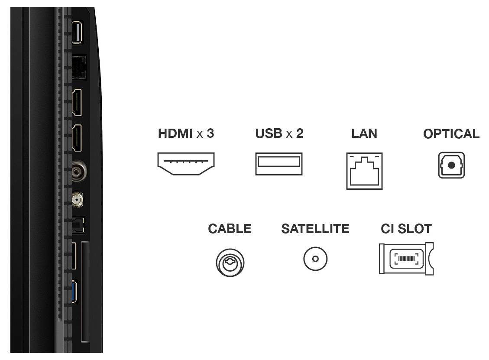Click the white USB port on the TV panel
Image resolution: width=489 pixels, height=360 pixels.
(x=76, y=32)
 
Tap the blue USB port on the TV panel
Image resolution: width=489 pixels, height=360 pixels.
(x=74, y=292)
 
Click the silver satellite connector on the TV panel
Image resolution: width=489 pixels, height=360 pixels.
(x=78, y=199)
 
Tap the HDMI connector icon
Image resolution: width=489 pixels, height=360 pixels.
(x=186, y=164)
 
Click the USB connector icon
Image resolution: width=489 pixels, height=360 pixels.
(x=279, y=164)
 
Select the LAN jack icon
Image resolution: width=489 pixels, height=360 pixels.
(x=364, y=171)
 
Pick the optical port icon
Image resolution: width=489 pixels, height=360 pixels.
(x=451, y=165)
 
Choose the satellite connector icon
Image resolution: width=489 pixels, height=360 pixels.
(x=315, y=259)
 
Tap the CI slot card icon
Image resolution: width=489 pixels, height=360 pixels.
(x=406, y=259)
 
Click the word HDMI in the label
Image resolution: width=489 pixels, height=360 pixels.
(x=175, y=134)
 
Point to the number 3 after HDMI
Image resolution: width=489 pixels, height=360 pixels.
(x=210, y=134)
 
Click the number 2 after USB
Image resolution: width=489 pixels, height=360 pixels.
(x=299, y=134)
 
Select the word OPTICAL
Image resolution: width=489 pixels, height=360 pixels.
(x=451, y=134)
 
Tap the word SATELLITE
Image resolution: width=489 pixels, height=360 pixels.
(x=315, y=229)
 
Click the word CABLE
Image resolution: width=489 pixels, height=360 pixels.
(x=230, y=229)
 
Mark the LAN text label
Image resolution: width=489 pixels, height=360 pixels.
(x=364, y=134)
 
